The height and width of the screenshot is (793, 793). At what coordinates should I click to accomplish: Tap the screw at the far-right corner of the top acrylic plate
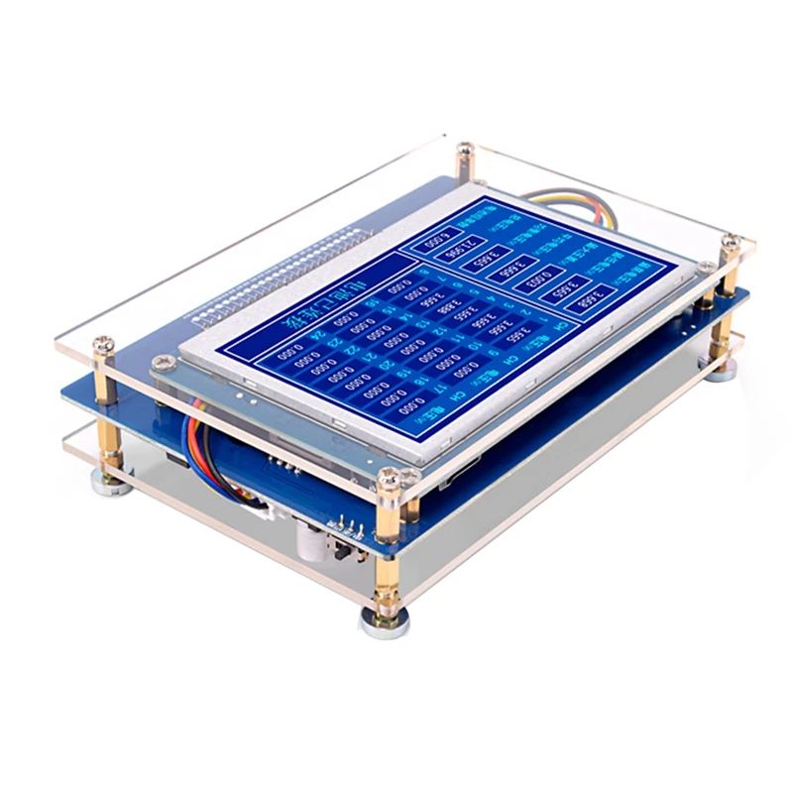click(731, 239)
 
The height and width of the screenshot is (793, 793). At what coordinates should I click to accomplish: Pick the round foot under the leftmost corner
click(105, 480)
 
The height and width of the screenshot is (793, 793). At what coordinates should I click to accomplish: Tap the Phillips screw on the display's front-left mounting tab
click(159, 366)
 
